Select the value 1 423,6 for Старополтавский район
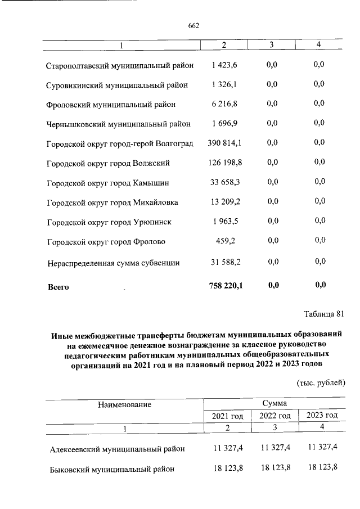225,65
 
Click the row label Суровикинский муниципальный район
117,85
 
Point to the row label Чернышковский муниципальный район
118,124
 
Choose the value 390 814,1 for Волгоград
224,143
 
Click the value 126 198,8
224,163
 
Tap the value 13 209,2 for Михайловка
224,201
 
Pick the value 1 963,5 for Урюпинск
225,221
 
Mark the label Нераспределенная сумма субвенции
113,262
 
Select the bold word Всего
58,287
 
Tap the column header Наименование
124,404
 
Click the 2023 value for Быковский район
322,468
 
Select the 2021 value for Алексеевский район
227,448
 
